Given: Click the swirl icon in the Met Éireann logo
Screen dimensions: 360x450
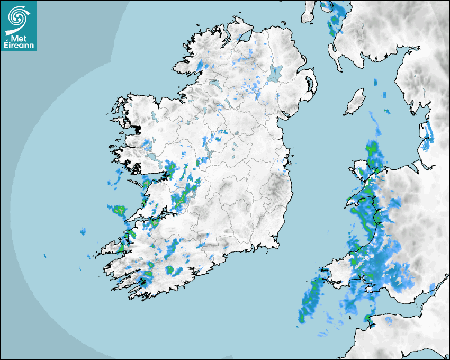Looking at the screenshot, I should point(17,17).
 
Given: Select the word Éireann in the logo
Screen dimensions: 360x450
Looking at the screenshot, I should point(19,46).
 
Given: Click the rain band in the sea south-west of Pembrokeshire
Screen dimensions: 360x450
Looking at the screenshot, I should point(310,299).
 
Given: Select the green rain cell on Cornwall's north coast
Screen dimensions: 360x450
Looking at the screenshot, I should point(367,318).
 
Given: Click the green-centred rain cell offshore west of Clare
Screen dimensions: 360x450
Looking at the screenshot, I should point(117,210).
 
